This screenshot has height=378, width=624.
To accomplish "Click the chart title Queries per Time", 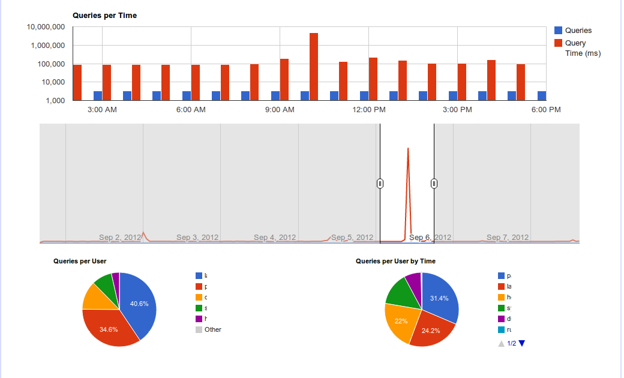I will pyautogui.click(x=104, y=16).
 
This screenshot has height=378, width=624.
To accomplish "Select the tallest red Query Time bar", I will pyautogui.click(x=314, y=66).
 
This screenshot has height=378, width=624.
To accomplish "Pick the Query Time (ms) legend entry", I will pyautogui.click(x=582, y=48).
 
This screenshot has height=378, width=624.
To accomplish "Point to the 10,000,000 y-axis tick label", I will pyautogui.click(x=46, y=27).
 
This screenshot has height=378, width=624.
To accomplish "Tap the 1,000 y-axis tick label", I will pyautogui.click(x=55, y=100).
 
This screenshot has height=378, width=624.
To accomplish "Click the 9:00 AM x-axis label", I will pyautogui.click(x=280, y=110).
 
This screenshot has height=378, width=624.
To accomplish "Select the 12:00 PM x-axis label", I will pyautogui.click(x=369, y=110).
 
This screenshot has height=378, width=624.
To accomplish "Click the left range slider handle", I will pyautogui.click(x=380, y=184).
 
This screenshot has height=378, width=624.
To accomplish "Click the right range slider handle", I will pyautogui.click(x=434, y=184).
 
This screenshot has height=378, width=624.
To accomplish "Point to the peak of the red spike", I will pyautogui.click(x=408, y=149).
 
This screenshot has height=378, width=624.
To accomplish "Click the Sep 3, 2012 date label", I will pyautogui.click(x=197, y=238).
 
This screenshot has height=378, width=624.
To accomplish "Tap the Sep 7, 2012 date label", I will pyautogui.click(x=508, y=238).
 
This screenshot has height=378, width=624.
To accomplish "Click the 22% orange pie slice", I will pyautogui.click(x=400, y=321).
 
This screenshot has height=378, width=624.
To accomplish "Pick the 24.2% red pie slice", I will pyautogui.click(x=430, y=330).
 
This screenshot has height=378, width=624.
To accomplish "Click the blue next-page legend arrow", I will pyautogui.click(x=521, y=343).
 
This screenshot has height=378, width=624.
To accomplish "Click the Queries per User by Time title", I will pyautogui.click(x=395, y=261).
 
